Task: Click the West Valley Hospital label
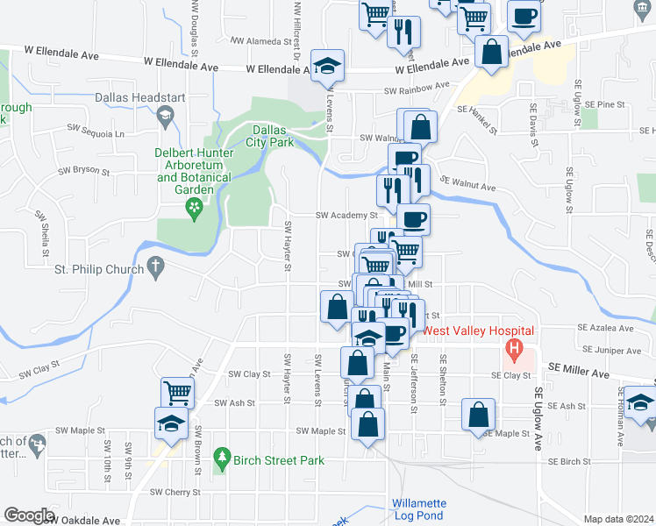coord(479,331)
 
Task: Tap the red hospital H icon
coord(517,354)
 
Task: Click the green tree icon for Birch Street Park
coord(223,458)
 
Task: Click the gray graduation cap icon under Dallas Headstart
coord(164,115)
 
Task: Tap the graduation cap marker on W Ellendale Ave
coord(328,66)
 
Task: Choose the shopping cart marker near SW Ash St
coord(178,394)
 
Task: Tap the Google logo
coord(29,515)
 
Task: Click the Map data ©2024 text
coord(618,519)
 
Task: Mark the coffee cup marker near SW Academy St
coord(414,218)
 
